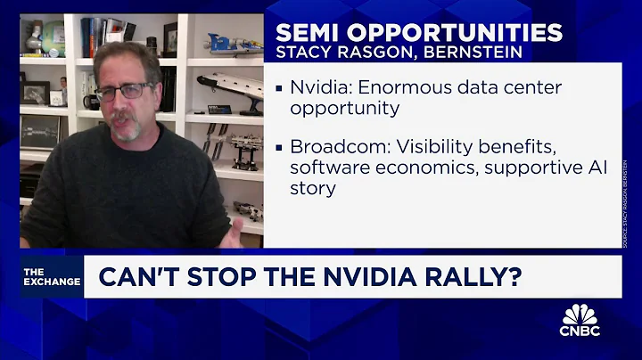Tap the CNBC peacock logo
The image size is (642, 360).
580,320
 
